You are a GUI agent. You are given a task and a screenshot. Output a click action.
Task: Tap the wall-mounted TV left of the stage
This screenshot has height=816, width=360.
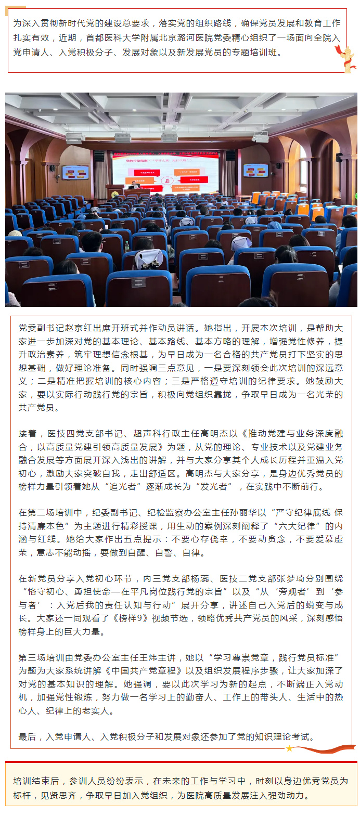(75, 173)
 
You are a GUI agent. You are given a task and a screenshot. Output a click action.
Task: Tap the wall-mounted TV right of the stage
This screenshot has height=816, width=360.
(255, 171)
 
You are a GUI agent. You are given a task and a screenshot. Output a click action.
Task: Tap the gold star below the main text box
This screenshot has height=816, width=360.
(289, 748)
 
